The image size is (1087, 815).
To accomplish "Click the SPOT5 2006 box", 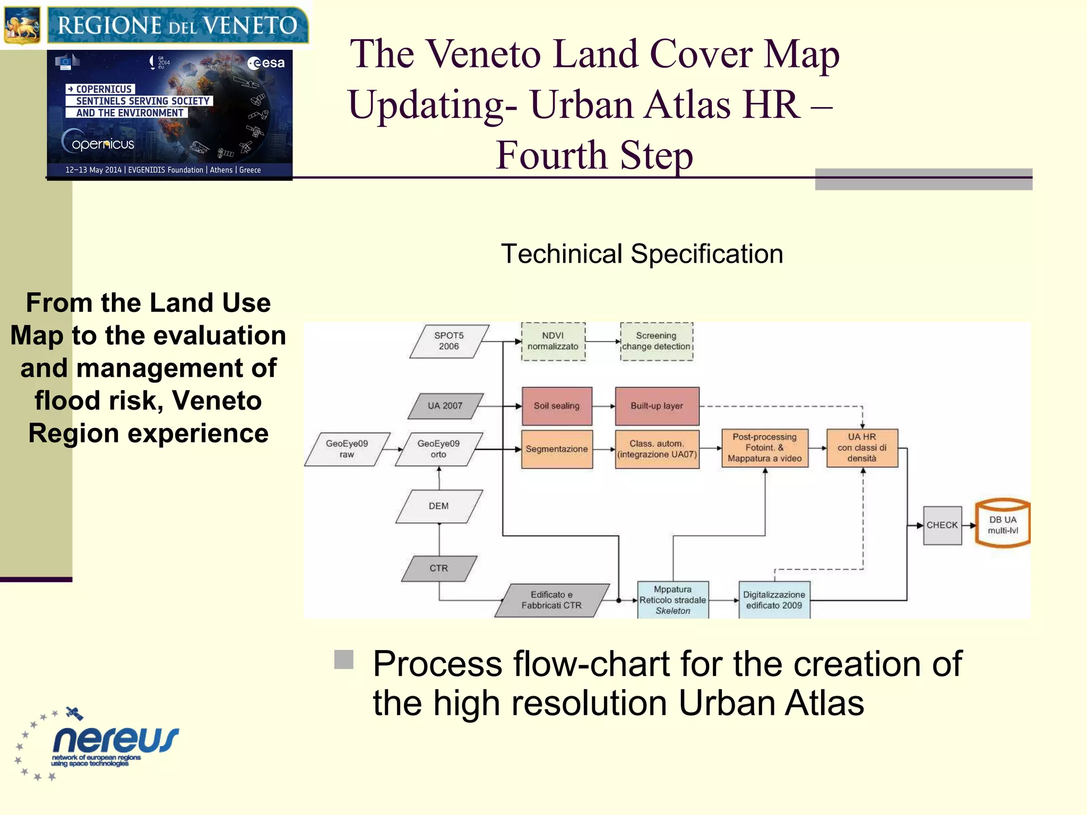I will coord(449,341).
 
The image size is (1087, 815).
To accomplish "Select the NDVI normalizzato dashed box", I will coord(553,341).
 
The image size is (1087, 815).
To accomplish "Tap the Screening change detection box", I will coord(657,341).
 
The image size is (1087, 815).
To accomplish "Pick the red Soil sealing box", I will coord(557,406).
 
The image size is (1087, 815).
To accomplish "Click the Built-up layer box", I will coord(657,406).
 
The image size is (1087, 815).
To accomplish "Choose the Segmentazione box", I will coord(557,449).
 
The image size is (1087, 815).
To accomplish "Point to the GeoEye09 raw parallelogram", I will coord(347,449).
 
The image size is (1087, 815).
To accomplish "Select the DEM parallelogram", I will coord(439,506).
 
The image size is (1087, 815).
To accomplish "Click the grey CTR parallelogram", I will coord(439,568).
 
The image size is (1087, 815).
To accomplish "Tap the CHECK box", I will coord(942,525).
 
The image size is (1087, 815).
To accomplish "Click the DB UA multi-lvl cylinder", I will coord(1003,524).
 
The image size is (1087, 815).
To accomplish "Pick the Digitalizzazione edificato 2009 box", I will coord(774,600).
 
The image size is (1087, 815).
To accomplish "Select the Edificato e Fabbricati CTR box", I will coord(552,600).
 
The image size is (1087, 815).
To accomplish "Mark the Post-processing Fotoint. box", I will coord(765,448).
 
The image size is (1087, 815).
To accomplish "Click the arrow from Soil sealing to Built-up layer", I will coord(604,406).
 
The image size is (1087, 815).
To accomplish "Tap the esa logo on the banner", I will coord(266,63).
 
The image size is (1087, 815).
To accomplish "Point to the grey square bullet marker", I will coord(344,660).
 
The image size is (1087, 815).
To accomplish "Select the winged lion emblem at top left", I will coord(22,25).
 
